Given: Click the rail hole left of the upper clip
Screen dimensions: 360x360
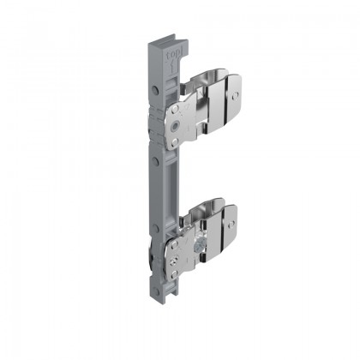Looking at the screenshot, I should coord(155,89).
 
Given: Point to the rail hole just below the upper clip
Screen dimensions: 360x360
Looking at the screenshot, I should coord(155,160).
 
